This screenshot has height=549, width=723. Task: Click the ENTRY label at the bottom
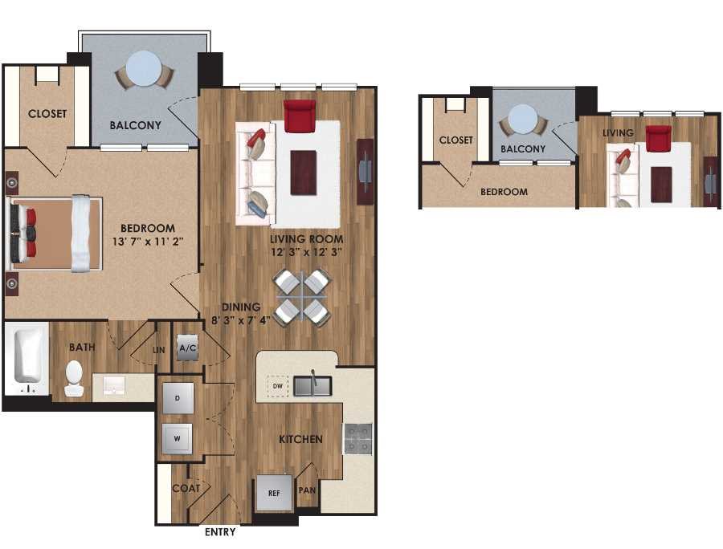click(x=220, y=532)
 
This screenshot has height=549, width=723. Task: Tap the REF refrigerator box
click(x=274, y=494)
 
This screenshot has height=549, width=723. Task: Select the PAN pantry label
click(x=307, y=490)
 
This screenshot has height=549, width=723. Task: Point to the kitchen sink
click(x=312, y=386)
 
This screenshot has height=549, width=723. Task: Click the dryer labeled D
click(x=178, y=397)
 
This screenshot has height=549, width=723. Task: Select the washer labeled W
click(x=178, y=439)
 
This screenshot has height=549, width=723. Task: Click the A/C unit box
click(x=188, y=348)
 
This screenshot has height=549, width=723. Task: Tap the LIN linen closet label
click(x=159, y=350)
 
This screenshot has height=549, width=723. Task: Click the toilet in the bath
click(x=74, y=377)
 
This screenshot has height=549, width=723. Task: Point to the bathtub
click(x=26, y=357)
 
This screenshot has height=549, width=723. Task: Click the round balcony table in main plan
click(x=145, y=69)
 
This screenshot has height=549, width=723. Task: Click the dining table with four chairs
click(x=302, y=297)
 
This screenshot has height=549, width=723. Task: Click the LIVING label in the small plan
click(x=619, y=132)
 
